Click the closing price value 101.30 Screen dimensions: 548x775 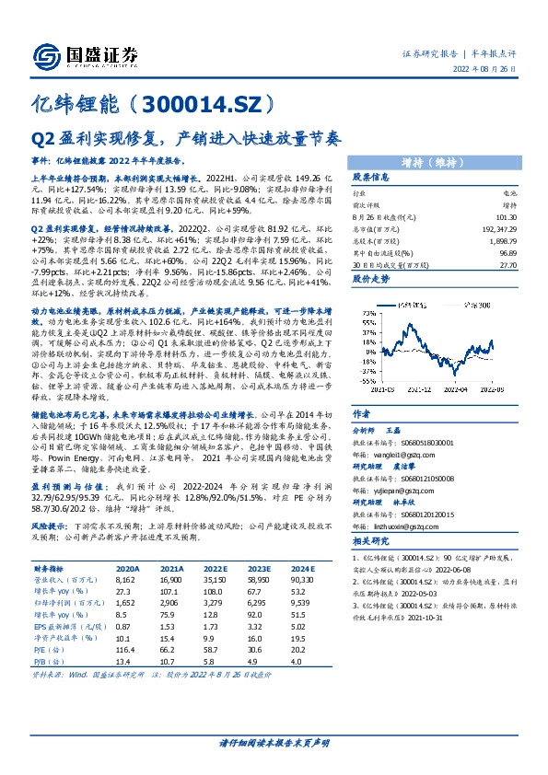tap(507, 217)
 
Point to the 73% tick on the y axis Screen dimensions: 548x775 tap(367, 313)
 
